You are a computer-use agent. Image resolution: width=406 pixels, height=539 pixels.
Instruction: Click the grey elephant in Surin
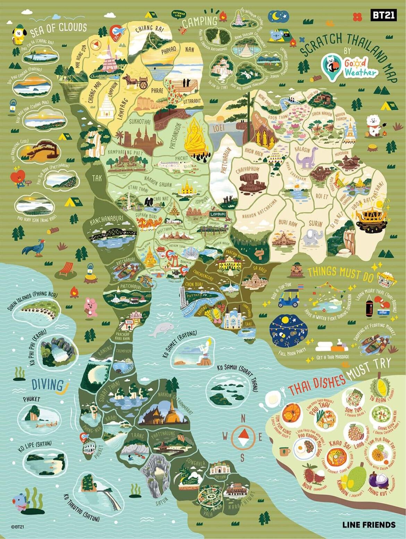click(x=313, y=238)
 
